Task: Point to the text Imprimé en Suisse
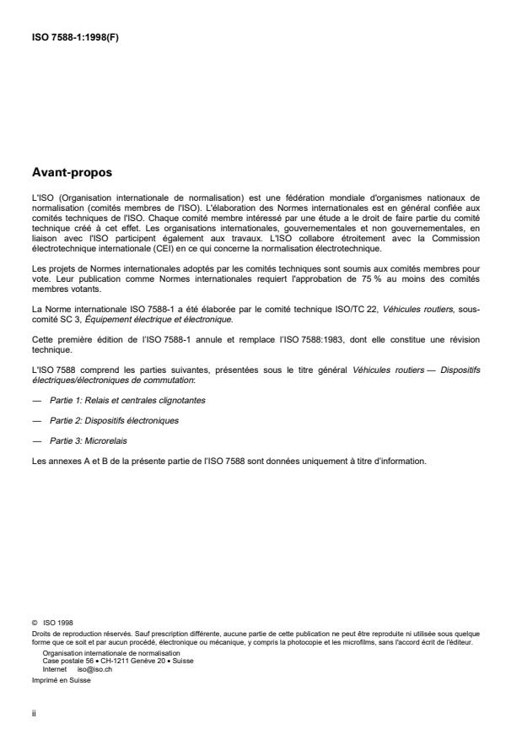61,675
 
